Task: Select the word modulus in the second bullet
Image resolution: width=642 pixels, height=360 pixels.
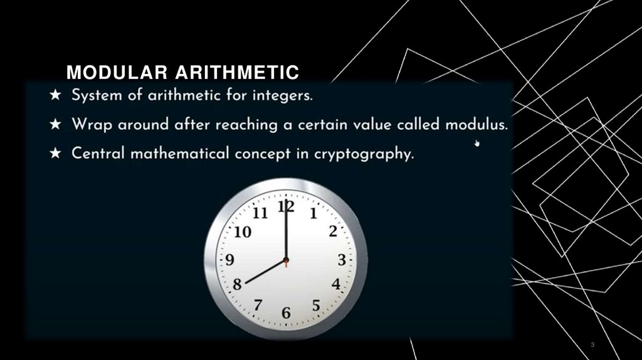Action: click(x=476, y=124)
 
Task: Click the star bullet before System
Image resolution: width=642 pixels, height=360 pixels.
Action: click(x=56, y=97)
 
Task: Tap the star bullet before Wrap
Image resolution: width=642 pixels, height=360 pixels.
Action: click(x=56, y=125)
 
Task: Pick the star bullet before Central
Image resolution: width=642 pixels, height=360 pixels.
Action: click(x=56, y=154)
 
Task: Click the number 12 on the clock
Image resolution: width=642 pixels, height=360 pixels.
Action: click(x=286, y=206)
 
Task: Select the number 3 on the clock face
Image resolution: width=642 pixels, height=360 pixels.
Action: click(x=342, y=260)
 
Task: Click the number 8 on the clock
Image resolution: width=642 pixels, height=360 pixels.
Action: click(x=237, y=284)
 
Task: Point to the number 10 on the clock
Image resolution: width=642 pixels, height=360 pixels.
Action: click(x=243, y=233)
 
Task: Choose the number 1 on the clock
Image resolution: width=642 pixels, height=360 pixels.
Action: click(x=313, y=213)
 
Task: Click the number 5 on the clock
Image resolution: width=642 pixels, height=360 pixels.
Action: click(x=316, y=305)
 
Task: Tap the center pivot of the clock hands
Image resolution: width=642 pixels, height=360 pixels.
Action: click(x=286, y=260)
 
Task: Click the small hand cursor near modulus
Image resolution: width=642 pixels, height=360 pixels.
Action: click(x=477, y=143)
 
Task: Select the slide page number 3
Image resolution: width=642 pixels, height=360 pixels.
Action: click(x=592, y=346)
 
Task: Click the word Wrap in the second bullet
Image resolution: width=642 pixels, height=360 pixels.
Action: click(x=93, y=125)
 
